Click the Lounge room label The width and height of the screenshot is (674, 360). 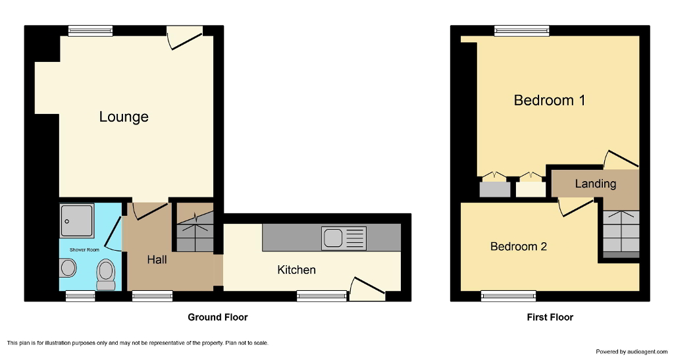pos(124,117)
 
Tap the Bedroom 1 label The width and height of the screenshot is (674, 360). pos(550,101)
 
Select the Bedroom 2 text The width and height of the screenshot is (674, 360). pos(519,247)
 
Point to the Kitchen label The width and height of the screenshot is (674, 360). pos(296,270)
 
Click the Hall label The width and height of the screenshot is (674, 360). pos(157,260)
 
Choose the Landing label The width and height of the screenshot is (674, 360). pos(595,184)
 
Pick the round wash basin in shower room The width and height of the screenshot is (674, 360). pos(67,269)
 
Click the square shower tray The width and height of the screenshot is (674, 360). pos(77,220)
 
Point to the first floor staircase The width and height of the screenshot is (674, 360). pos(621,234)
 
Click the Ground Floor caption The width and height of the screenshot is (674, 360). pos(218,317)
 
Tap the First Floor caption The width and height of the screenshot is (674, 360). pos(550,317)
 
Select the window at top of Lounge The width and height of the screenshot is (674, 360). pos(90,30)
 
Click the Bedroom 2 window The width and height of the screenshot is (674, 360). pos(504,296)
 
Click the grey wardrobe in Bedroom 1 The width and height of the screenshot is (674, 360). pos(495,189)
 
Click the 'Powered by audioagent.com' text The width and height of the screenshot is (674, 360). pos(631,351)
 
